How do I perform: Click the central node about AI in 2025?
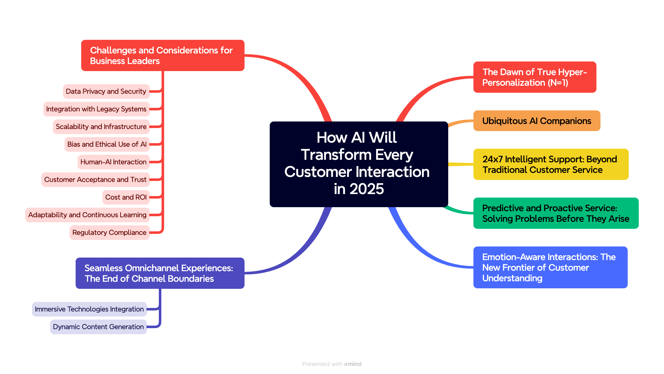(358, 164)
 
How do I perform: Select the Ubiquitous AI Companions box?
(537, 121)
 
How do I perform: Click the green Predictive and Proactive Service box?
(556, 213)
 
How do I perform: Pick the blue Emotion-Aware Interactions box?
(550, 267)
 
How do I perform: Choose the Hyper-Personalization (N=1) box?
(535, 77)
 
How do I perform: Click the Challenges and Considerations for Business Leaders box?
(163, 55)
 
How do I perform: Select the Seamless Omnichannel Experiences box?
(160, 273)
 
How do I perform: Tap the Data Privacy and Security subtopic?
(106, 91)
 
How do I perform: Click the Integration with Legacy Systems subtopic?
(96, 109)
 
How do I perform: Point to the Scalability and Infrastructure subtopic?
(101, 127)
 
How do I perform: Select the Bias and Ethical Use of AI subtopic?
(107, 144)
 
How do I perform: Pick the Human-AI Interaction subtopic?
(113, 162)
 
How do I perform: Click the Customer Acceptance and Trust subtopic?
(95, 180)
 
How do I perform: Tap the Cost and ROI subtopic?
(126, 197)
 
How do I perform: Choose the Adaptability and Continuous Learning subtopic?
(87, 215)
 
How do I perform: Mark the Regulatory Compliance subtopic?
(110, 233)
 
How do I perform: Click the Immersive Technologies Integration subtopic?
(89, 309)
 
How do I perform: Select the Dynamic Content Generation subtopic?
(98, 327)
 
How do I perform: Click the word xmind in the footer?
(353, 364)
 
